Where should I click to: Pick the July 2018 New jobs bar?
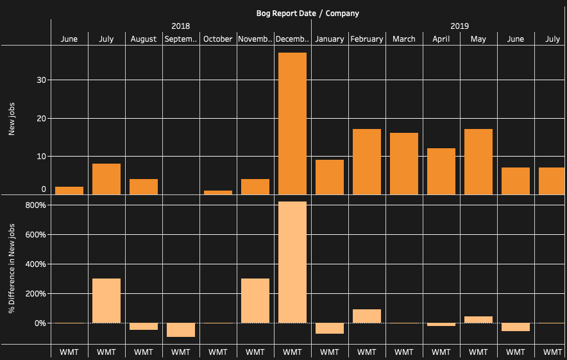pos(106,179)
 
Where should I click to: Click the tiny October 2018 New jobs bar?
pos(218,193)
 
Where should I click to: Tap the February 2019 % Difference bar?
pos(367,316)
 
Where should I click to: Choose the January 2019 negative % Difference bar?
pos(330,329)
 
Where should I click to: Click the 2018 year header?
pos(180,26)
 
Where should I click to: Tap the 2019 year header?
pos(459,26)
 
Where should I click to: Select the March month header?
pos(404,39)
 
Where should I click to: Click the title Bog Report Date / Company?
pos(308,13)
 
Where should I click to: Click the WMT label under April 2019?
pos(441,352)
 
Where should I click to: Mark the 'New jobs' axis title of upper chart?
pos(12,120)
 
